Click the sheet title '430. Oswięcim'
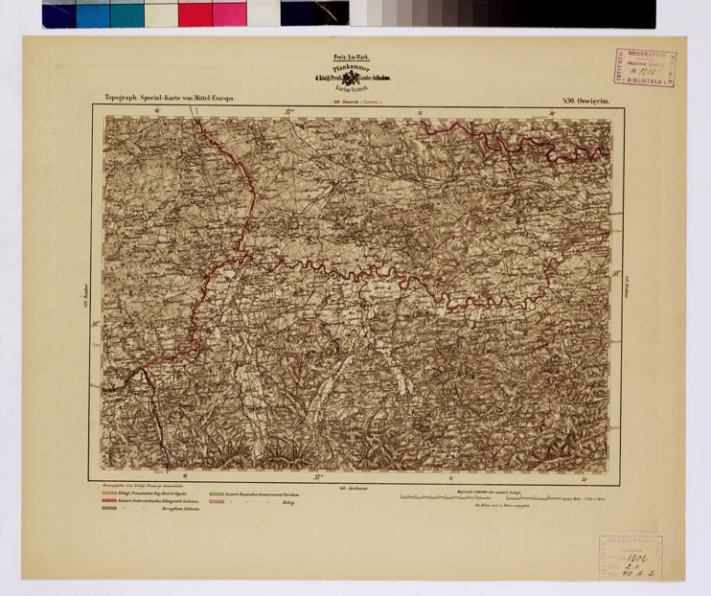pos(596,98)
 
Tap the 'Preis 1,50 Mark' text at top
pos(337,57)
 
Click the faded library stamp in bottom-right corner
pos(624,557)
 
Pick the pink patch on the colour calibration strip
pos(229,13)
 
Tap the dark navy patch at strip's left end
pos(58,13)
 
